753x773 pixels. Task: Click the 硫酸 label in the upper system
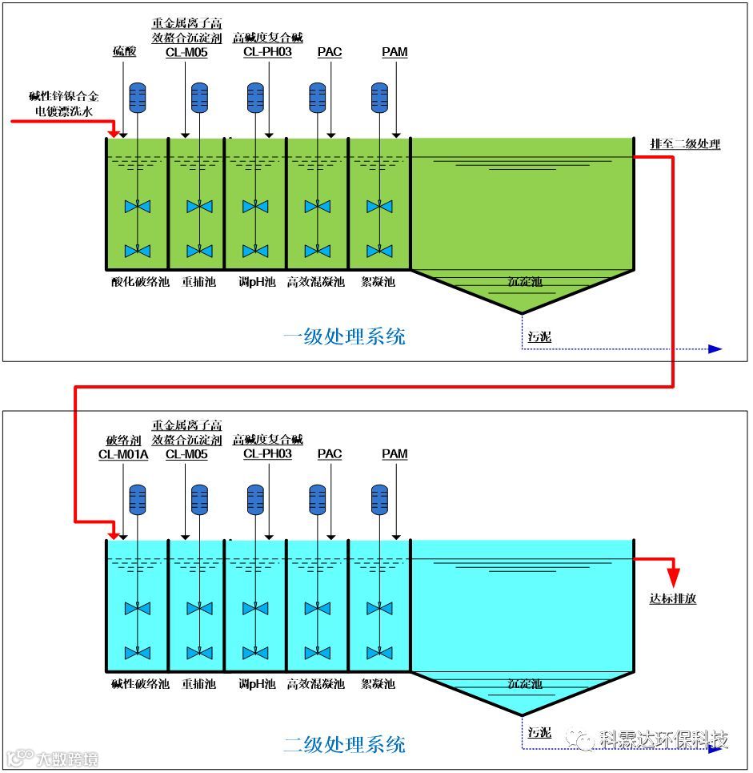pyautogui.click(x=124, y=52)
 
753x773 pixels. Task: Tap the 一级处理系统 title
pyautogui.click(x=344, y=336)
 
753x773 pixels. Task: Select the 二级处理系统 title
pyautogui.click(x=344, y=744)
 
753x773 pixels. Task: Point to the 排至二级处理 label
pyautogui.click(x=685, y=144)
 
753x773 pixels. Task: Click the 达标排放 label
pyautogui.click(x=672, y=598)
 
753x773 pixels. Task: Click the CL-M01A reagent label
pyautogui.click(x=123, y=454)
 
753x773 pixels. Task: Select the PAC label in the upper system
pyautogui.click(x=330, y=52)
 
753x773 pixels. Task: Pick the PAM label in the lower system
pyautogui.click(x=395, y=454)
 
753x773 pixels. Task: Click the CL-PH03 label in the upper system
pyautogui.click(x=267, y=52)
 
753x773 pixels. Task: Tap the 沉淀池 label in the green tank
pyautogui.click(x=525, y=282)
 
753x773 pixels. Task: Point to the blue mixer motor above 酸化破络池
pyautogui.click(x=138, y=97)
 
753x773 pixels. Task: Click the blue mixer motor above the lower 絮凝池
pyautogui.click(x=379, y=499)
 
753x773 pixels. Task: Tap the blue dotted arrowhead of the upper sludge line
pyautogui.click(x=715, y=348)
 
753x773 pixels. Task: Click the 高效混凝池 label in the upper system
pyautogui.click(x=316, y=282)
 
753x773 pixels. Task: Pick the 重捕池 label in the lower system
pyautogui.click(x=198, y=684)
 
